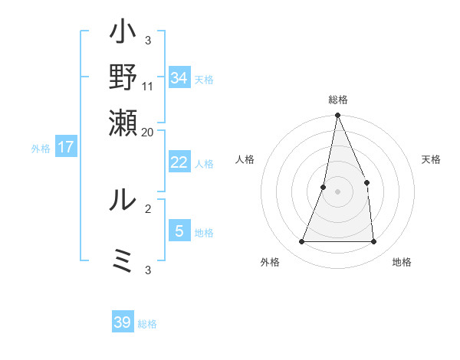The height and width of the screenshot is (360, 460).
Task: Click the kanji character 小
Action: [123, 34]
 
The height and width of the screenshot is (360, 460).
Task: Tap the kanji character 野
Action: [123, 77]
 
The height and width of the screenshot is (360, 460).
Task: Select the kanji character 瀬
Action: [123, 121]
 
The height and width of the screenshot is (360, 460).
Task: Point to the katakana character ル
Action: [123, 199]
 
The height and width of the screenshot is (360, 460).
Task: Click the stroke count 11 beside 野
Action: [148, 87]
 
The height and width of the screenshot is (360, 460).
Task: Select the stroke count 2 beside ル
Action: [147, 208]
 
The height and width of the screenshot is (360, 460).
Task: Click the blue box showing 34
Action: [179, 78]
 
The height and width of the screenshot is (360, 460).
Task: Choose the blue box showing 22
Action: [179, 162]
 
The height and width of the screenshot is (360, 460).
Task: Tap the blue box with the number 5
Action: [179, 231]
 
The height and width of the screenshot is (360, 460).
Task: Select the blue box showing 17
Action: [66, 147]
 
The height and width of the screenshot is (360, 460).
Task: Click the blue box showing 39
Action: [123, 322]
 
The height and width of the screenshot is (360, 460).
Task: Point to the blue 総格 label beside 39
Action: [147, 324]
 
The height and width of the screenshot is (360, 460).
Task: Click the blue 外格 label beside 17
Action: [41, 149]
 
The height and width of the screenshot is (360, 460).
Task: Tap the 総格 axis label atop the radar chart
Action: [337, 100]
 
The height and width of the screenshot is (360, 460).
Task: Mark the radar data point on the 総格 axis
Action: [337, 116]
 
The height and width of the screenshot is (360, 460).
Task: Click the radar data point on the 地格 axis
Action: [373, 242]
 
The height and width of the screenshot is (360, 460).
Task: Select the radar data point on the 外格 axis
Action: [301, 242]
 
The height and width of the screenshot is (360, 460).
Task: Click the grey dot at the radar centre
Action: [337, 191]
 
